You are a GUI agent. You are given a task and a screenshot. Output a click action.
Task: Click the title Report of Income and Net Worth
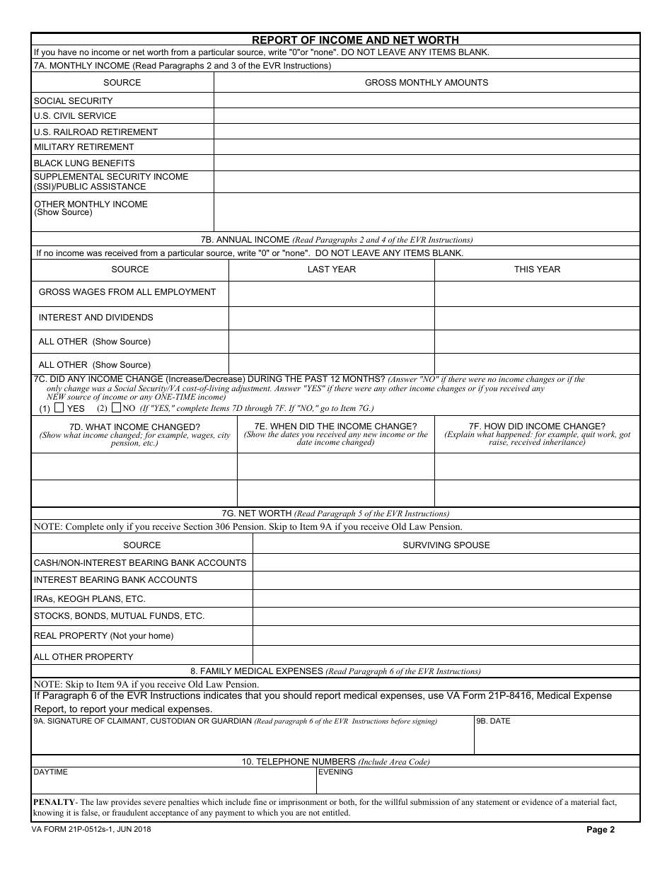tap(355, 40)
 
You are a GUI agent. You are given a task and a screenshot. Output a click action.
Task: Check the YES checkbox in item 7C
tap(59, 408)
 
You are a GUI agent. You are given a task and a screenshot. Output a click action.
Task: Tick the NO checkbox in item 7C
tap(116, 408)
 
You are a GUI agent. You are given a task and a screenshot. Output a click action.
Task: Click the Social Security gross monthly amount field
tap(427, 100)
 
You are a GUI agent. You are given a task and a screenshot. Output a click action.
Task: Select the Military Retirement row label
tap(83, 147)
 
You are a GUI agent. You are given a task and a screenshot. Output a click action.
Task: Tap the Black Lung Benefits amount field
tap(427, 163)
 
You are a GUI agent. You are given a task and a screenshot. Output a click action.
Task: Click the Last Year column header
tap(331, 269)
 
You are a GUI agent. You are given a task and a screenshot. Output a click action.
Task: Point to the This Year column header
tap(537, 269)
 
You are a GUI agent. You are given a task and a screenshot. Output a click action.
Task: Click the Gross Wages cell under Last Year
tap(331, 293)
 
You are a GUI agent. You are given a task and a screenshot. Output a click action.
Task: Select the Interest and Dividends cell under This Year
tap(537, 318)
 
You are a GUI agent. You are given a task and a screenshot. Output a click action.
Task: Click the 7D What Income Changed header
tap(134, 427)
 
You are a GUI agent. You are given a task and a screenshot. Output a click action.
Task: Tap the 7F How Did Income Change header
tap(537, 427)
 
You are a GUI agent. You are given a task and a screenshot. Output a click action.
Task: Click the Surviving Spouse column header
tap(446, 545)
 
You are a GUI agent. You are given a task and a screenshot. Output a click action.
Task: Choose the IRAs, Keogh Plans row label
tap(89, 598)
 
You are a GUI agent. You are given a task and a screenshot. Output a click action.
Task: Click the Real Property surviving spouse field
tap(446, 636)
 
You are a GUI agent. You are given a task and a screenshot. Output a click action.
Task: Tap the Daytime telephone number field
tap(173, 782)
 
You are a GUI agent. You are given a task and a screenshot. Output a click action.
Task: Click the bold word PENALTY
tap(54, 802)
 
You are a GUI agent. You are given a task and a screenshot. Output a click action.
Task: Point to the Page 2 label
tap(601, 830)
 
